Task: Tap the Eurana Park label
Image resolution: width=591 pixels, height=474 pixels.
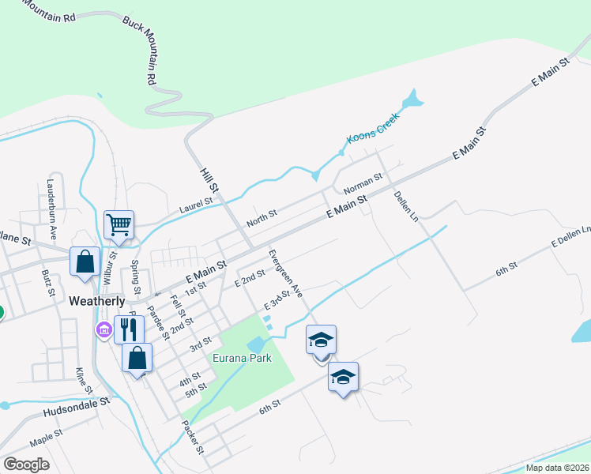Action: [242, 358]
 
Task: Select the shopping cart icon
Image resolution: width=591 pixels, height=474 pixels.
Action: [119, 224]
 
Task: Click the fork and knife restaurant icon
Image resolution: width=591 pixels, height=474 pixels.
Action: [129, 329]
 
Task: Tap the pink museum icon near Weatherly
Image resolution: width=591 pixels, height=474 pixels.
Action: [104, 329]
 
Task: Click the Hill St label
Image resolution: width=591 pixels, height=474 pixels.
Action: [209, 179]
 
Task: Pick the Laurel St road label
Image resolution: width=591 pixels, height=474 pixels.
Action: [196, 203]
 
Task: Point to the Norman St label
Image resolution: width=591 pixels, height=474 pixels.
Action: [363, 184]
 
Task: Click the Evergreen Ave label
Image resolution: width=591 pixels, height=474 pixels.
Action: [285, 273]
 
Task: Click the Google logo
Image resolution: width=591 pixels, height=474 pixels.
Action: [26, 465]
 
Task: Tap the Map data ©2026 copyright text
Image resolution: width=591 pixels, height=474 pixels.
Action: [557, 468]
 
